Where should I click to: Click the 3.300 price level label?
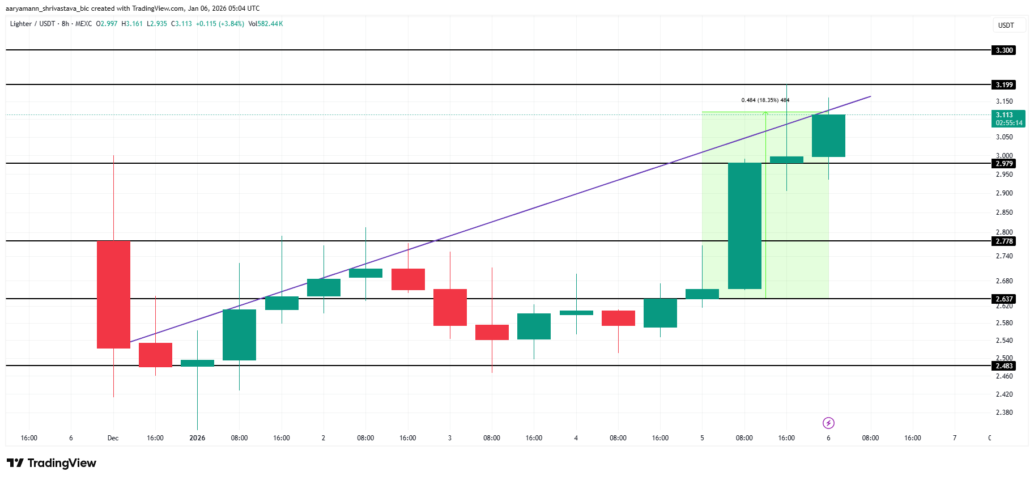pos(1004,50)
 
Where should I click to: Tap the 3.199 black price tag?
pos(1004,85)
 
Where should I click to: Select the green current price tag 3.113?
pos(1009,118)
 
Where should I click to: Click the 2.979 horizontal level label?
pos(1004,164)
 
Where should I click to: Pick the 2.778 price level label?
pos(1004,241)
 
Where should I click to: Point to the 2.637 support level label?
pos(1004,299)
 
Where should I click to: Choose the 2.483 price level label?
pos(1004,366)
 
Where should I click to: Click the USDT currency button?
pos(1006,26)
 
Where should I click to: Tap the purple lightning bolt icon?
pos(828,423)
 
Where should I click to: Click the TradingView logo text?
pos(52,463)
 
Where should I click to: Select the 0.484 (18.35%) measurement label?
pos(765,100)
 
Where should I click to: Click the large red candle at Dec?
pos(113,295)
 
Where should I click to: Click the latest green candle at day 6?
pos(828,136)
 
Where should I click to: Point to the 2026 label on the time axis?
pos(197,438)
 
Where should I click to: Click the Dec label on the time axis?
pos(113,438)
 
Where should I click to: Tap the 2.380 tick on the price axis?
pos(1004,413)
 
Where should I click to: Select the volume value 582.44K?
pos(270,24)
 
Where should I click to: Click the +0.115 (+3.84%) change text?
pos(220,24)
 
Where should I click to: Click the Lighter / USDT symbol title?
pos(32,24)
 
